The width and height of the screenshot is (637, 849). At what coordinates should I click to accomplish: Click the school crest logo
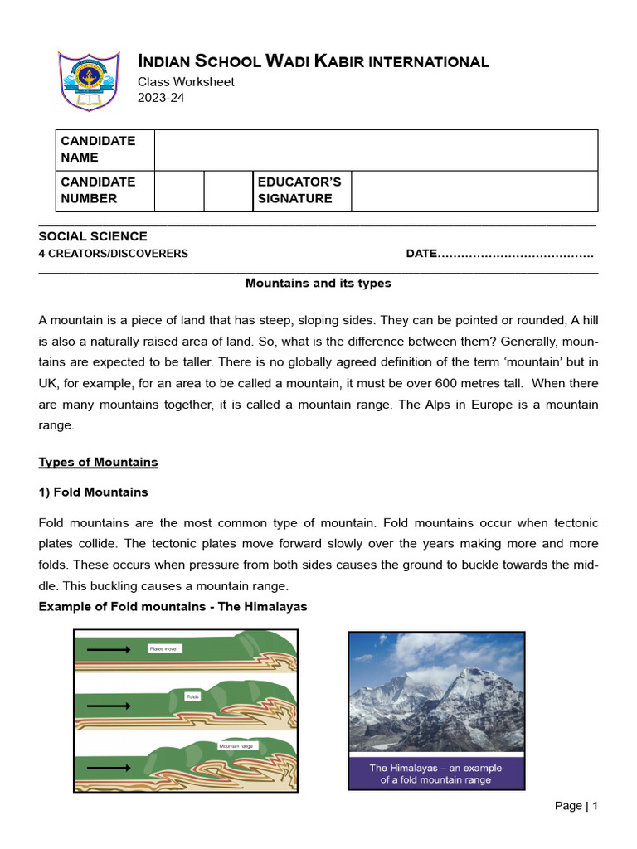click(x=89, y=80)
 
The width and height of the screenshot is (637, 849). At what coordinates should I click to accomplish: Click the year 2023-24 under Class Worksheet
click(x=161, y=98)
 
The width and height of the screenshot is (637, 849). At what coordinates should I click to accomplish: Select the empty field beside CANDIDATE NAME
click(x=375, y=150)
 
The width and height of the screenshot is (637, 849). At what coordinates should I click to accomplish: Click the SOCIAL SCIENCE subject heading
click(x=93, y=236)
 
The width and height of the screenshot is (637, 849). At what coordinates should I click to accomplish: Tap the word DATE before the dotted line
click(x=421, y=254)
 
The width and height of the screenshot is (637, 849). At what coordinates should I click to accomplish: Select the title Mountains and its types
click(x=318, y=284)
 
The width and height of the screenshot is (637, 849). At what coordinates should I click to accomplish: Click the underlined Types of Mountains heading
click(x=99, y=462)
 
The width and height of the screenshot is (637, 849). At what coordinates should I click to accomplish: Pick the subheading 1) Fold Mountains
click(x=93, y=492)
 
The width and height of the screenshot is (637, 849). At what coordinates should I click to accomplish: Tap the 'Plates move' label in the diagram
click(x=163, y=648)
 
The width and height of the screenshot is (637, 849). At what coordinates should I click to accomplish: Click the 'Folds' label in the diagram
click(x=193, y=696)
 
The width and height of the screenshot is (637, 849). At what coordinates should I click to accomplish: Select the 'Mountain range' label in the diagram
click(x=236, y=746)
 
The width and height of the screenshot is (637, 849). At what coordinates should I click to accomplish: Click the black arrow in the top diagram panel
click(x=108, y=649)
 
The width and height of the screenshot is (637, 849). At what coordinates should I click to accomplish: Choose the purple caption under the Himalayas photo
click(x=436, y=774)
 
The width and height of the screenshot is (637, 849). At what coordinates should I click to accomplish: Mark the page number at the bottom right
click(x=576, y=806)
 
